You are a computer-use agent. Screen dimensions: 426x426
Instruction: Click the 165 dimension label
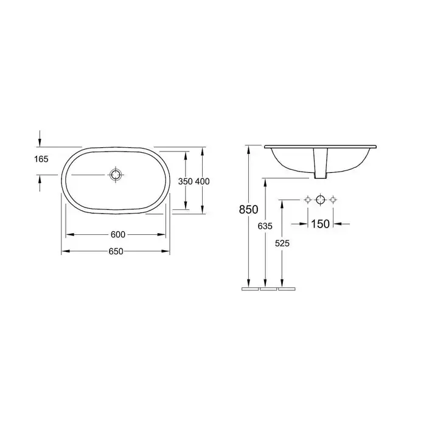click(41, 159)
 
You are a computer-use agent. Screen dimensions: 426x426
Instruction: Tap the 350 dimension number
click(185, 181)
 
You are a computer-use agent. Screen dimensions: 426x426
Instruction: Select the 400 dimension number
click(203, 181)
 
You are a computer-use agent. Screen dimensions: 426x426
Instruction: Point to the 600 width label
click(118, 234)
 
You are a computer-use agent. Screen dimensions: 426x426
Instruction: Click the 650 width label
click(116, 251)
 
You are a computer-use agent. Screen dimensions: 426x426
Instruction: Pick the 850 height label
click(248, 209)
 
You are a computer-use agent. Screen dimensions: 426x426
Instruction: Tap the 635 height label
click(265, 226)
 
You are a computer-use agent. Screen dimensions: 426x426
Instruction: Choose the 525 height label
click(282, 243)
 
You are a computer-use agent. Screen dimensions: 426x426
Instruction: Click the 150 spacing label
click(320, 224)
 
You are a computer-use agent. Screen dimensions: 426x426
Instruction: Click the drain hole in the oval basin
click(116, 175)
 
